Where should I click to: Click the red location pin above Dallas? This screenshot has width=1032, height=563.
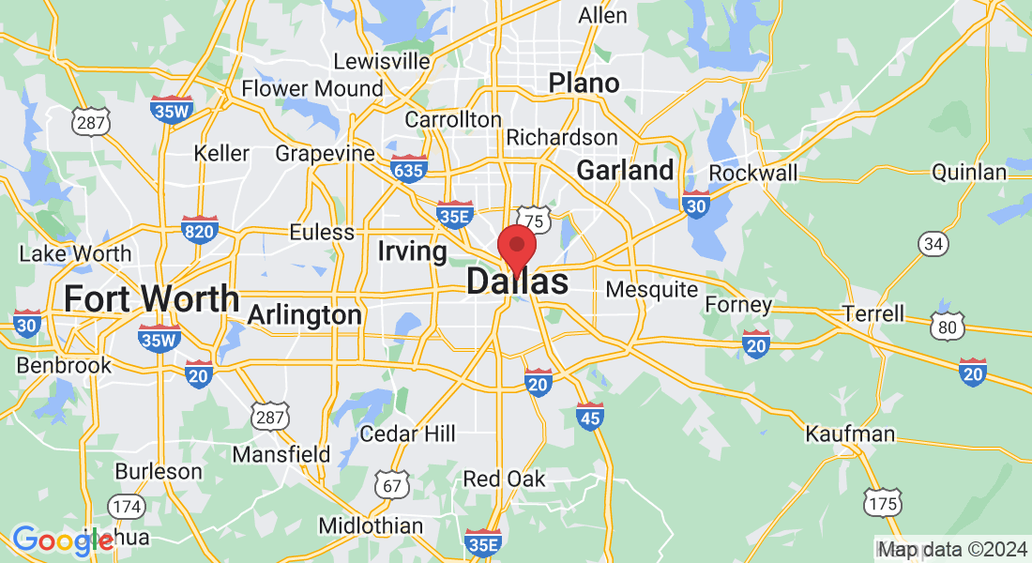[516, 248]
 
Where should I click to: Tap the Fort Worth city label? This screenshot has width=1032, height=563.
[151, 298]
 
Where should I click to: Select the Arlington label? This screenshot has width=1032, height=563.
[304, 315]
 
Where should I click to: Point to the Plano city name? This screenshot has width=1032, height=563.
[584, 83]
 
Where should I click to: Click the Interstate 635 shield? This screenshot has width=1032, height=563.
[409, 168]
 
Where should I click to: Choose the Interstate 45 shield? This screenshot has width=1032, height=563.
[589, 415]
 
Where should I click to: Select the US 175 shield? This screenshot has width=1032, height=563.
[884, 502]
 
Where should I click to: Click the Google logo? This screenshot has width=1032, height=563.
[62, 540]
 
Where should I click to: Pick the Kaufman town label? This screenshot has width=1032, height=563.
[850, 434]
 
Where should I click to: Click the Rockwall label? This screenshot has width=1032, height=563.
[753, 173]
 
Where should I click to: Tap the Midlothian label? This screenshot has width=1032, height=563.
[371, 525]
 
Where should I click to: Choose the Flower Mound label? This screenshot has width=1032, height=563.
[312, 88]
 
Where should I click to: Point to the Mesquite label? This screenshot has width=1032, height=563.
[652, 289]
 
